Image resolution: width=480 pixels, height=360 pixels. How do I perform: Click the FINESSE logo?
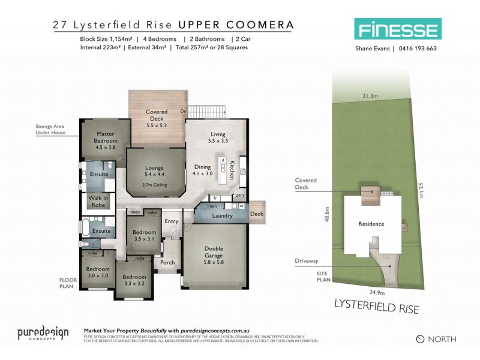[x=397, y=29]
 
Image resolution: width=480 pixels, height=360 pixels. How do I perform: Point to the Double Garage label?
[x=214, y=251]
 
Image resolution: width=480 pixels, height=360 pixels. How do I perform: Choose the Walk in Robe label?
[x=98, y=201]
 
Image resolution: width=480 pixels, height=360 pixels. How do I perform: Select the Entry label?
[x=172, y=221]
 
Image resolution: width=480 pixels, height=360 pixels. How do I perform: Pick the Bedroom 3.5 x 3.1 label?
[x=144, y=235]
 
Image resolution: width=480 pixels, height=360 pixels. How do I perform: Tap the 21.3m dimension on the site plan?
[x=370, y=96]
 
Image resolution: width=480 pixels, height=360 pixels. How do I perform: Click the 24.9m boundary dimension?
[x=376, y=293]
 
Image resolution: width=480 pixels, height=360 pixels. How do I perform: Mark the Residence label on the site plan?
[x=371, y=224]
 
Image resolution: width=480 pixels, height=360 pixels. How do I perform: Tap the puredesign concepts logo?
[x=43, y=334]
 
